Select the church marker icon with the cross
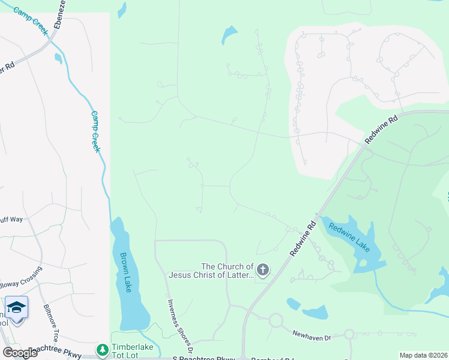[x=263, y=271]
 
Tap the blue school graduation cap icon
[x=17, y=307]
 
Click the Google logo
[x=20, y=353]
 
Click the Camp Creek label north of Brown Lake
[x=95, y=131]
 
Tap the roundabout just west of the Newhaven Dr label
[x=276, y=320]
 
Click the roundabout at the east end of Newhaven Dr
[x=349, y=334]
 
